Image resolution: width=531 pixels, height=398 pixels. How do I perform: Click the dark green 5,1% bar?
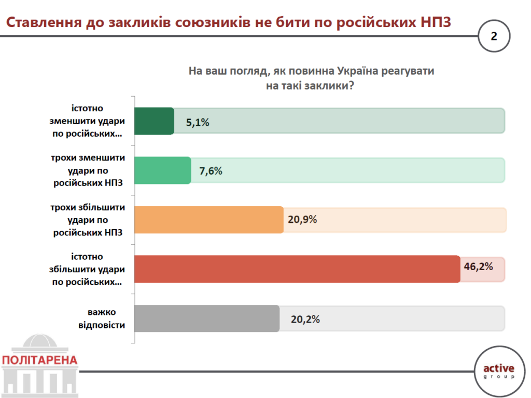(154, 121)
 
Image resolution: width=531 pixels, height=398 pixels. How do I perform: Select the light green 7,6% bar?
(162, 170)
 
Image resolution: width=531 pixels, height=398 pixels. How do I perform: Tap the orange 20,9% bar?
(208, 219)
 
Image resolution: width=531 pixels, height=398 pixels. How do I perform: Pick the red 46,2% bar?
(297, 269)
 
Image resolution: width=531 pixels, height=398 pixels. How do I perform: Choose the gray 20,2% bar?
(206, 319)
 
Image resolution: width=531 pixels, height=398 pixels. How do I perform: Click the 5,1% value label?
(198, 123)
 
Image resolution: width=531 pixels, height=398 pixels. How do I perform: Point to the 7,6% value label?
(211, 171)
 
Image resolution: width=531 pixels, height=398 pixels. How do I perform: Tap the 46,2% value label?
(478, 267)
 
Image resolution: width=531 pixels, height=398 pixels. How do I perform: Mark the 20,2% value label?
(305, 320)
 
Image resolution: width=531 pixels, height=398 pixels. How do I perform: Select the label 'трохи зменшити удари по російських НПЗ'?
(88, 170)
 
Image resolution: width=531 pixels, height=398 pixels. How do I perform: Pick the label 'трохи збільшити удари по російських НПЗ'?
(88, 219)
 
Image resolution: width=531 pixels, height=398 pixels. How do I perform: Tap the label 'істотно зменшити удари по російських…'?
(88, 121)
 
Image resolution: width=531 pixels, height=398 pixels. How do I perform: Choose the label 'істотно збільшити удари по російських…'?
(88, 269)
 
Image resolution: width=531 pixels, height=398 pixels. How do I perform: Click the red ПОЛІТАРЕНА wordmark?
(40, 360)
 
